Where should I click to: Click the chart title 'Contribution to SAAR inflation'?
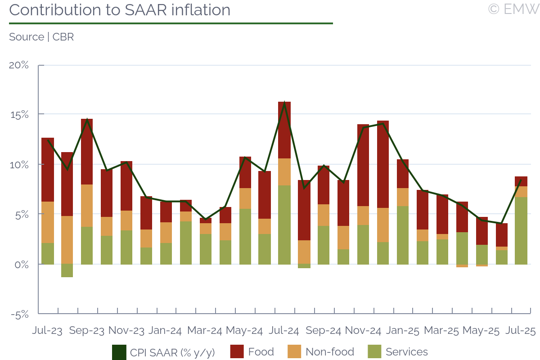pyautogui.click(x=120, y=10)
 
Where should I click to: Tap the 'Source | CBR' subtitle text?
pyautogui.click(x=41, y=37)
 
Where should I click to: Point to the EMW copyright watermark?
pyautogui.click(x=513, y=9)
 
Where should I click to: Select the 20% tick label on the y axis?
pyautogui.click(x=19, y=65)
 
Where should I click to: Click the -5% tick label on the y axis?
pyautogui.click(x=19, y=315)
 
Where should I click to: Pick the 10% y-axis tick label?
pyautogui.click(x=19, y=165)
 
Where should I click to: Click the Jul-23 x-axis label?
pyautogui.click(x=47, y=331)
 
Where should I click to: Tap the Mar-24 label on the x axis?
pyautogui.click(x=205, y=331)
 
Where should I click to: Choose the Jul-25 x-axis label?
pyautogui.click(x=520, y=331)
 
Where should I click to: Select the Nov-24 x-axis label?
pyautogui.click(x=363, y=331)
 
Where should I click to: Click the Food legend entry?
pyautogui.click(x=252, y=352)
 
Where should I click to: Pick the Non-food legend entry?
pyautogui.click(x=320, y=352)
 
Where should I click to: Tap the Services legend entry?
pyautogui.click(x=398, y=352)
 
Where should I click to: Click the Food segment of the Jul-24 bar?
pyautogui.click(x=284, y=130)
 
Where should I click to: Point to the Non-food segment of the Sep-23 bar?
pyautogui.click(x=87, y=206)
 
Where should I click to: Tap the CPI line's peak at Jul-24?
pyautogui.click(x=284, y=103)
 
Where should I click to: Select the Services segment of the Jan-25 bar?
pyautogui.click(x=403, y=235)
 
